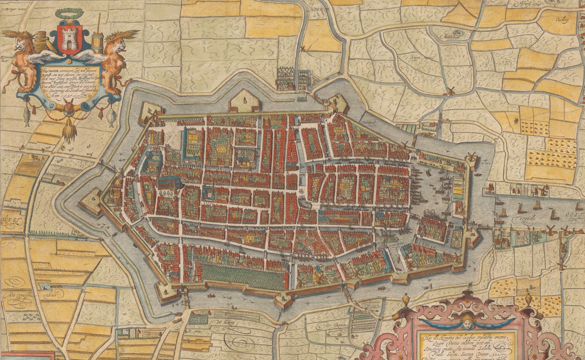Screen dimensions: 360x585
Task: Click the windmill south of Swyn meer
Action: coord(450,91)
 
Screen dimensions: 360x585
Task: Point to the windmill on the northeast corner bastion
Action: coord(471,157)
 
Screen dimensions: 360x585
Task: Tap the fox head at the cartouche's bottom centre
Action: coord(69,107)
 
